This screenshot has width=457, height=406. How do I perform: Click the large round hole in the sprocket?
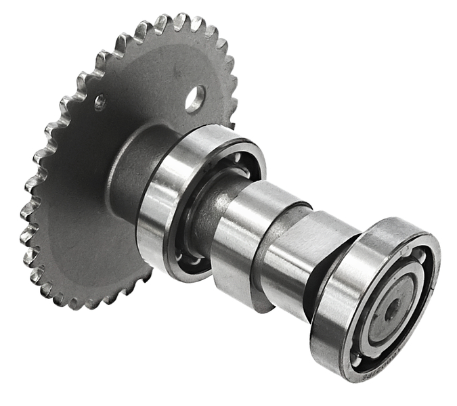pos(195,99)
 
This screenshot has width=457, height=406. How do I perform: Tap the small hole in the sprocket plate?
pos(100,103)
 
